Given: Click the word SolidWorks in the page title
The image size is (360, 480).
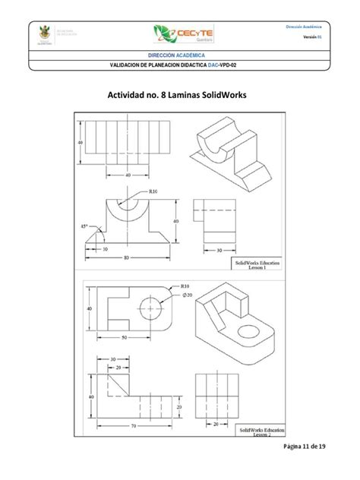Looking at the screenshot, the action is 222,96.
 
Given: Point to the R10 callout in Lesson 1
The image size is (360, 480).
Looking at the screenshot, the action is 153,192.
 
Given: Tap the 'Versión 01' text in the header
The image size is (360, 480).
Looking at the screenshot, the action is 313,37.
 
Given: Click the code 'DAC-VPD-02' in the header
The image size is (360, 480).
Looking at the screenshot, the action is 235,66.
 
